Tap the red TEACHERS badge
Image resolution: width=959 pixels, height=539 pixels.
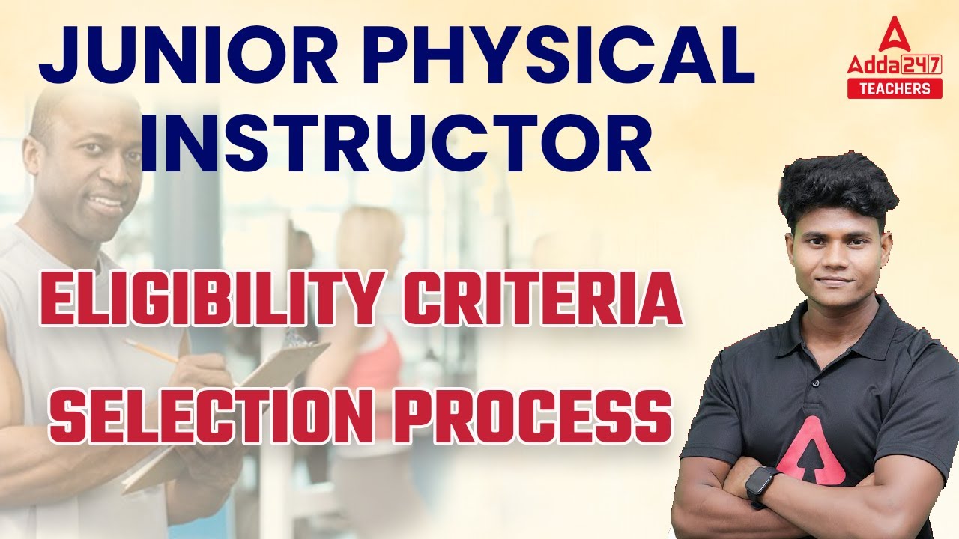tap(894, 88)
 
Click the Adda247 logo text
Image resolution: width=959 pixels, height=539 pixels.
tap(894, 65)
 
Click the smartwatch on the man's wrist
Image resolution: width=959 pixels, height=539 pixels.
tap(761, 484)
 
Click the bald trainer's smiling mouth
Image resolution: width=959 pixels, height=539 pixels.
tap(108, 204)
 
